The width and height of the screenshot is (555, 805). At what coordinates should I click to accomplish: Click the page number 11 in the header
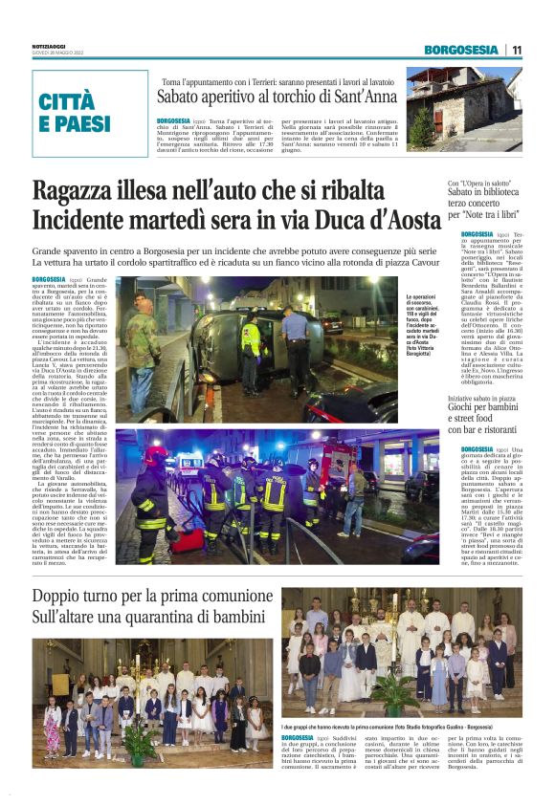tap(517, 50)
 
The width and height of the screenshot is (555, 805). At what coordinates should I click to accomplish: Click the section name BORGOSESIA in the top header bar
tap(462, 50)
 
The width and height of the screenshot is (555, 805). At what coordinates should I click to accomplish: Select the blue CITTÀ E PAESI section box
tap(90, 113)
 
